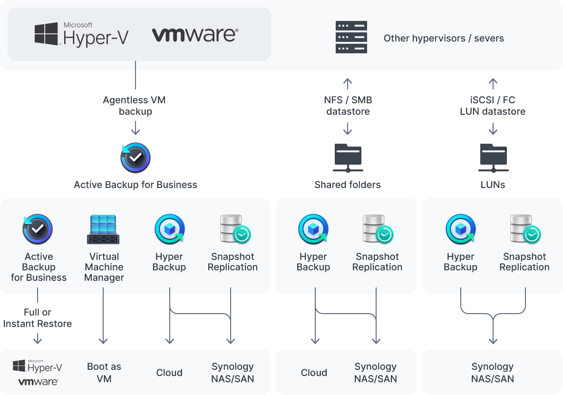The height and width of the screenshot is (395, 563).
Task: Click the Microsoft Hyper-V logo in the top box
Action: [x=81, y=34]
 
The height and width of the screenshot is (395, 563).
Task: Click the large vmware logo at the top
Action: [x=195, y=35]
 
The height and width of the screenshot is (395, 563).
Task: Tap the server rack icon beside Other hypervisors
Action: [x=351, y=37]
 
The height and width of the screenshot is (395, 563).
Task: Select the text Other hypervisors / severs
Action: [x=443, y=38]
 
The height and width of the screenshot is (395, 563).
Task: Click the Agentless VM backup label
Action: [x=134, y=106]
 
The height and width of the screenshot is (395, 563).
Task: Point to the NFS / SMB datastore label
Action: [x=348, y=106]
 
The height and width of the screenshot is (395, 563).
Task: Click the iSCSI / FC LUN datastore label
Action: [x=493, y=106]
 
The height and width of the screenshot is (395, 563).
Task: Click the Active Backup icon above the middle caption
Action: [x=136, y=158]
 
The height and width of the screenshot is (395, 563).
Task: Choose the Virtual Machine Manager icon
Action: [x=104, y=229]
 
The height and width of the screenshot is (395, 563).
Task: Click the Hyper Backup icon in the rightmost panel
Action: [x=460, y=229]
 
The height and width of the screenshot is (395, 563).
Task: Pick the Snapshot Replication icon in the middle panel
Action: [x=377, y=229]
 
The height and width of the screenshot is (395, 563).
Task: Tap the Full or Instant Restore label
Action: [x=38, y=318]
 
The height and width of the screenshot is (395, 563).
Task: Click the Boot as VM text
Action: [x=104, y=373]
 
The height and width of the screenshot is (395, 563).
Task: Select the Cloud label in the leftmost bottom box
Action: [x=169, y=373]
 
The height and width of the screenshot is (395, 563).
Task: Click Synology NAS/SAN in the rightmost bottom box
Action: [x=493, y=373]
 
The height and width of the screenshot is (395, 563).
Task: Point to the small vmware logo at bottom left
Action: [x=38, y=382]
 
